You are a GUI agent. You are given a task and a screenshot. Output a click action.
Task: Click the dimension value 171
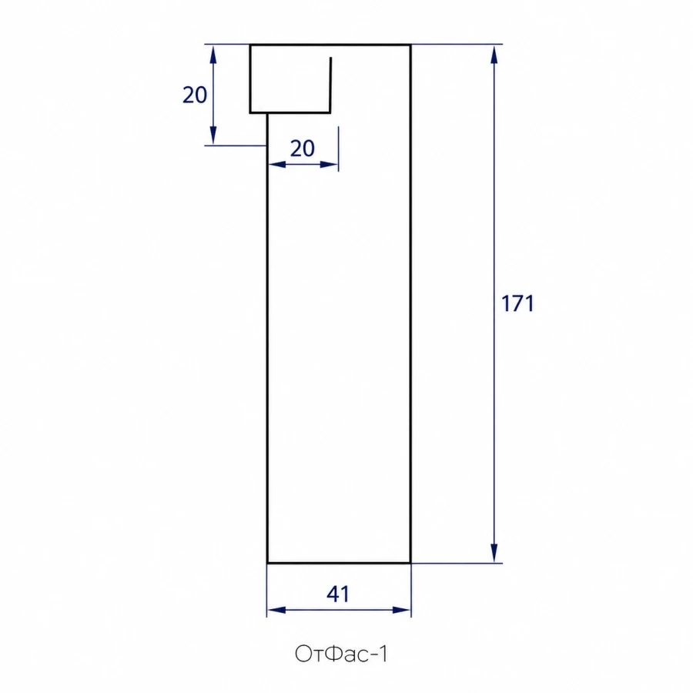click(517, 303)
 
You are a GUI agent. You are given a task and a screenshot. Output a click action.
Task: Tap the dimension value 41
click(338, 594)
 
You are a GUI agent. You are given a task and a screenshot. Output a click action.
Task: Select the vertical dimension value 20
click(195, 95)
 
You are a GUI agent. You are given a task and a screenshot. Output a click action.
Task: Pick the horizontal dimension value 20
click(303, 149)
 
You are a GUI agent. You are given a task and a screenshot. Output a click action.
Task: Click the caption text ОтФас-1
click(341, 654)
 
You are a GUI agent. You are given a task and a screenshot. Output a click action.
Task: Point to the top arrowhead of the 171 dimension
click(494, 54)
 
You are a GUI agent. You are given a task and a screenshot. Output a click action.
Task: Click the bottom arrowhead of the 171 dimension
click(494, 554)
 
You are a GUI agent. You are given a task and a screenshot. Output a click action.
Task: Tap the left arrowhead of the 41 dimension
click(276, 611)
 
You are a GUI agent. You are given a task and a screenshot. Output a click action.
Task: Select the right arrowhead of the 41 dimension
click(401, 611)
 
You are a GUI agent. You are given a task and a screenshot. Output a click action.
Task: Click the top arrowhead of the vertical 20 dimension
click(213, 54)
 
